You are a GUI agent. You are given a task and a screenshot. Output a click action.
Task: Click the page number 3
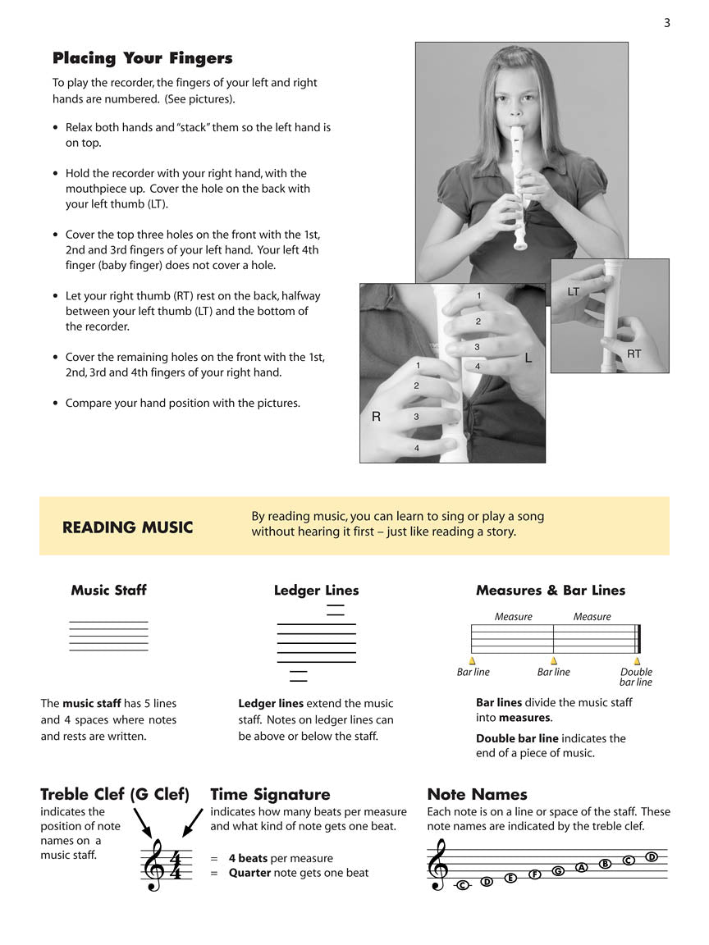667,23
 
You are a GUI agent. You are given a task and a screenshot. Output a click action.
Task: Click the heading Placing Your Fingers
142,58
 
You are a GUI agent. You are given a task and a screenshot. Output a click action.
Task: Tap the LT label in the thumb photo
573,292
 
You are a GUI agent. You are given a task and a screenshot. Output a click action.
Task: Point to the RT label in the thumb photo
634,354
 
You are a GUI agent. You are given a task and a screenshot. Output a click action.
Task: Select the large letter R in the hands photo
376,417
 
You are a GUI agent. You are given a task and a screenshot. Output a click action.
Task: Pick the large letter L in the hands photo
528,358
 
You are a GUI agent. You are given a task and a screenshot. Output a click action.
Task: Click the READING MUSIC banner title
127,527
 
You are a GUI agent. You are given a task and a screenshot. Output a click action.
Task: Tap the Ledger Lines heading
316,590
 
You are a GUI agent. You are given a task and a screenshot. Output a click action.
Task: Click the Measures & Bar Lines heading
550,590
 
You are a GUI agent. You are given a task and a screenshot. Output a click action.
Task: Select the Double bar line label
636,677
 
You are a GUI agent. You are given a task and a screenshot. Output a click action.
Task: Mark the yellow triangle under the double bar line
637,660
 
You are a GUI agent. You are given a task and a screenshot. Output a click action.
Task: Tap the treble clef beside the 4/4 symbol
153,866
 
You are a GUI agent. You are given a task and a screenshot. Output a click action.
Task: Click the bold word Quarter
249,873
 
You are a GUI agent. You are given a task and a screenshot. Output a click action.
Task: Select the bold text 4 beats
248,858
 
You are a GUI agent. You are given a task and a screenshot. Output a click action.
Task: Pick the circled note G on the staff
558,870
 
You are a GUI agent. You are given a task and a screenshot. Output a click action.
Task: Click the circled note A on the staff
582,867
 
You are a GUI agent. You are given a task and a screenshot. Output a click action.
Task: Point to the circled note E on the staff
510,878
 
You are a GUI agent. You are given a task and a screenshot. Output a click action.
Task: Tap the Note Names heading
477,794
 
